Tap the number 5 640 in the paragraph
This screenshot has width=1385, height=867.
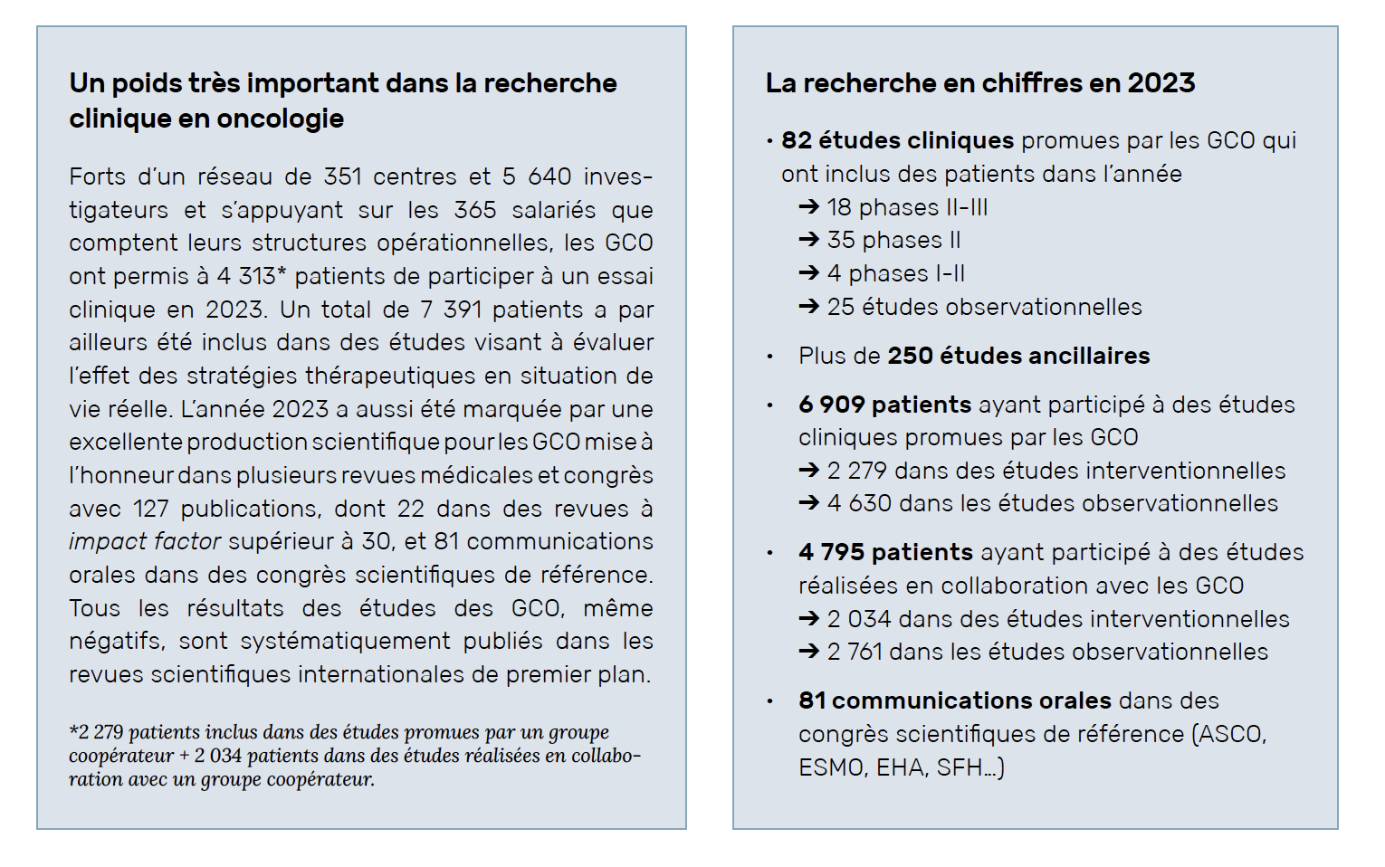pyautogui.click(x=537, y=177)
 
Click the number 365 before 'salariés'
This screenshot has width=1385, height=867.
pyautogui.click(x=475, y=210)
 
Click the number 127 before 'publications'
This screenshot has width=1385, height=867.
pyautogui.click(x=150, y=509)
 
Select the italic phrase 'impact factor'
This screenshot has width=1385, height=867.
pyautogui.click(x=145, y=542)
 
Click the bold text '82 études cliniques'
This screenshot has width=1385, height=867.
pyautogui.click(x=897, y=141)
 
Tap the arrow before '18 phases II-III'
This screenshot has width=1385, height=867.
pyautogui.click(x=808, y=207)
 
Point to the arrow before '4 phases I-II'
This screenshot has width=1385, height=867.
pyautogui.click(x=808, y=273)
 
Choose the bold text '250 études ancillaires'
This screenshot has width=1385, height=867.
pyautogui.click(x=1019, y=356)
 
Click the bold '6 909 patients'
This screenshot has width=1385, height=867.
pyautogui.click(x=884, y=405)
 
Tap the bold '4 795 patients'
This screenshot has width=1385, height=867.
pyautogui.click(x=885, y=552)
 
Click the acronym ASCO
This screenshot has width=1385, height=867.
pyautogui.click(x=1230, y=734)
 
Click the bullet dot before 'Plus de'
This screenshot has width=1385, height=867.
pyautogui.click(x=769, y=357)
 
